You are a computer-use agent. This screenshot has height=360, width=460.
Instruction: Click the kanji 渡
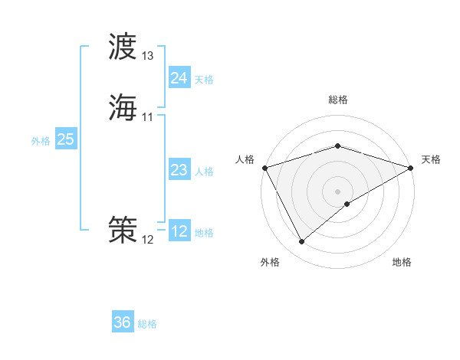click(123, 47)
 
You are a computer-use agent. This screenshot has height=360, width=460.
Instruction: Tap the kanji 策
click(123, 229)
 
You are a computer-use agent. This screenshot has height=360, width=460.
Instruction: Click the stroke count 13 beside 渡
click(148, 56)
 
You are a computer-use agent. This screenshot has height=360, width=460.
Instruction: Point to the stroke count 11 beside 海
click(148, 116)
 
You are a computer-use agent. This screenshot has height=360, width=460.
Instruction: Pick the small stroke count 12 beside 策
click(148, 239)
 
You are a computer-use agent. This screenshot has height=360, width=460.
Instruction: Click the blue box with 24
click(179, 77)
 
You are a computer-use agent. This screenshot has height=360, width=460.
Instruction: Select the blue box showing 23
click(179, 170)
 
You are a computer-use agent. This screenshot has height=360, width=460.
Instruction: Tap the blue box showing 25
click(65, 139)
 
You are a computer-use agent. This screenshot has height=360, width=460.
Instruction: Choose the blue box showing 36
click(122, 322)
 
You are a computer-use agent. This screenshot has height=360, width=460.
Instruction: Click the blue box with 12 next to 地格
click(179, 231)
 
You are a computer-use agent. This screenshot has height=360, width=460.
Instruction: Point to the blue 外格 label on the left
click(40, 141)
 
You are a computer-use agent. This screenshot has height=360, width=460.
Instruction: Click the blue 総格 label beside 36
click(147, 324)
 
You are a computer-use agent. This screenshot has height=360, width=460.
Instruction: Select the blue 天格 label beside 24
click(204, 79)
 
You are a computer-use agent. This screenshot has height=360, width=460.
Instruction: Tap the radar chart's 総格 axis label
click(337, 100)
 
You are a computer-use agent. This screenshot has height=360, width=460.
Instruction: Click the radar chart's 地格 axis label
click(402, 262)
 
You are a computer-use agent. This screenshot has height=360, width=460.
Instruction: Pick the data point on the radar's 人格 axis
click(264, 168)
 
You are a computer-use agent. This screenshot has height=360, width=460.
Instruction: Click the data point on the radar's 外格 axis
click(302, 241)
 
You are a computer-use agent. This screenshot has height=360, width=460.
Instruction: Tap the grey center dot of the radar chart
click(337, 191)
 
